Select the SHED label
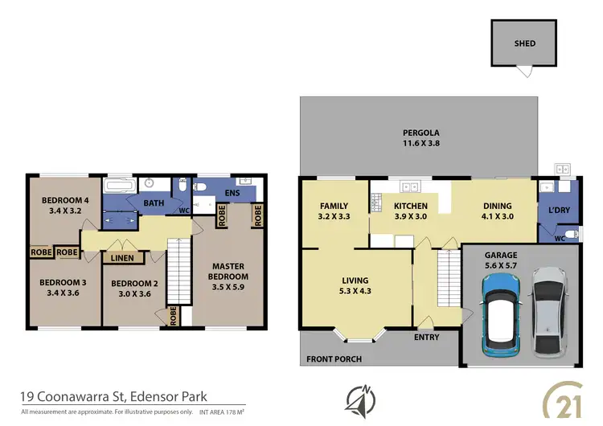524,43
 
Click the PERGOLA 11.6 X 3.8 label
421,138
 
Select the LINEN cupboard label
122,257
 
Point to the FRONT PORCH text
334,358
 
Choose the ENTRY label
426,337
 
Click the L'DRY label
558,210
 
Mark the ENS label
233,194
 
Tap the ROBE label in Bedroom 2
173,316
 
